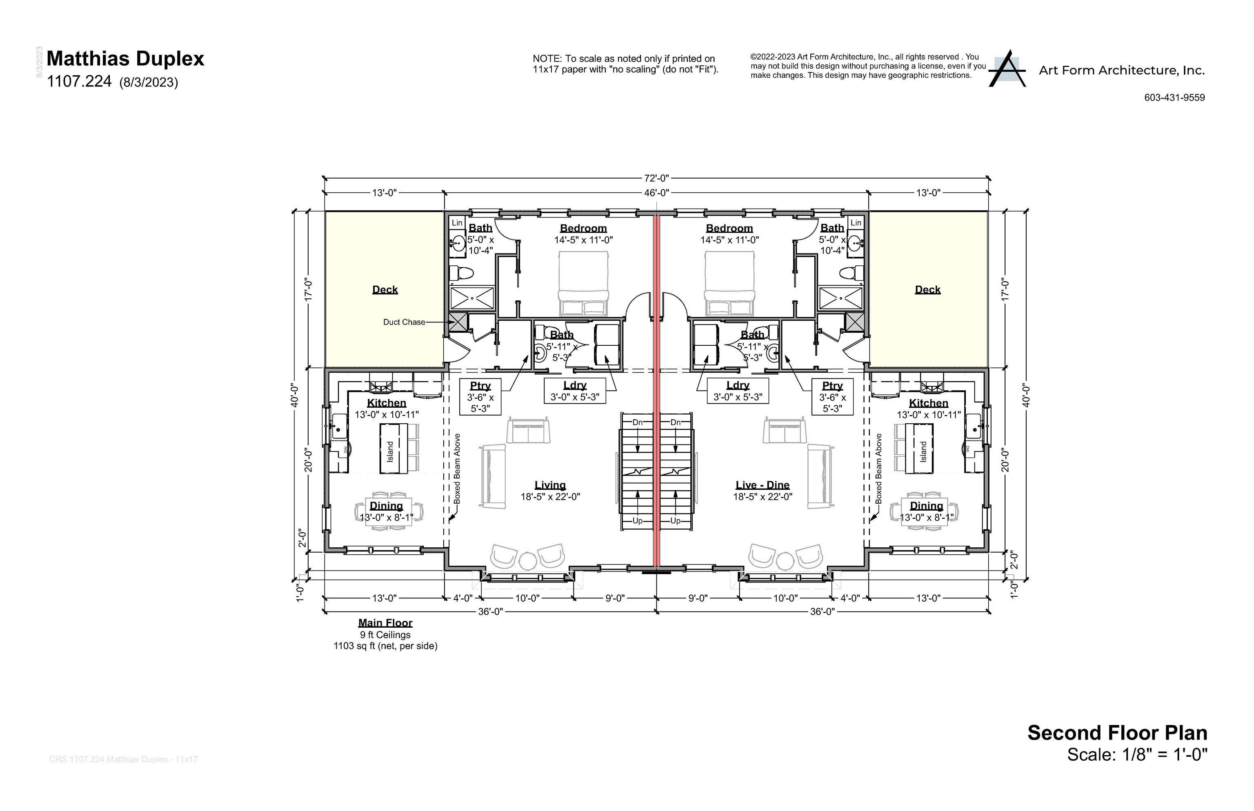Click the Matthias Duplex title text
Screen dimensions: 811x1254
click(x=125, y=58)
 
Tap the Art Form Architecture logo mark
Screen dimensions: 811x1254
click(x=1007, y=69)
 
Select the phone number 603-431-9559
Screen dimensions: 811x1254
click(x=1174, y=98)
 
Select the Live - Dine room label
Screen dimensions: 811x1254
click(x=762, y=485)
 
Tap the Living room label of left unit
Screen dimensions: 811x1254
click(x=550, y=485)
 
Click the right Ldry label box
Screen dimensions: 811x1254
click(x=737, y=391)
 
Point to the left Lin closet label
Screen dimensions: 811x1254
click(x=457, y=223)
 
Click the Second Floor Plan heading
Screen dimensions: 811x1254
click(x=1117, y=733)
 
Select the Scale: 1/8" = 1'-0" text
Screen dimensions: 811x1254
click(x=1136, y=755)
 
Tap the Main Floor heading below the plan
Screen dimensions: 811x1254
click(x=385, y=622)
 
